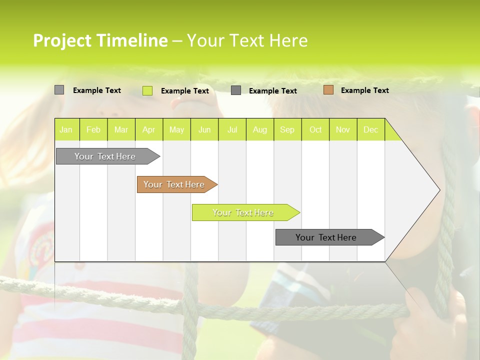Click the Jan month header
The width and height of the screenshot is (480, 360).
pyautogui.click(x=66, y=130)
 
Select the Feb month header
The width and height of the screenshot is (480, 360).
pyautogui.click(x=93, y=130)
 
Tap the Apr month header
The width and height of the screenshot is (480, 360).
pyautogui.click(x=148, y=130)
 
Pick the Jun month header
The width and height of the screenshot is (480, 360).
pyautogui.click(x=204, y=130)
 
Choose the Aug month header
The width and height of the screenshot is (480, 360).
pyautogui.click(x=259, y=130)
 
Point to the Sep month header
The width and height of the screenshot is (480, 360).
pyautogui.click(x=287, y=130)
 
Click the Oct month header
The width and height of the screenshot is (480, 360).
pyautogui.click(x=315, y=130)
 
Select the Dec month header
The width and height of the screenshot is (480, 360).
pyautogui.click(x=370, y=130)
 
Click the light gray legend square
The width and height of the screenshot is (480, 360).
pyautogui.click(x=59, y=90)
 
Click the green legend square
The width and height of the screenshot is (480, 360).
pyautogui.click(x=147, y=90)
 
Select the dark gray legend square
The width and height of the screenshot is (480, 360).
pyautogui.click(x=236, y=90)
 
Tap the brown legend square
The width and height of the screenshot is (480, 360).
pyautogui.click(x=328, y=90)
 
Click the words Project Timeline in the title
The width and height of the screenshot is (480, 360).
pyautogui.click(x=100, y=40)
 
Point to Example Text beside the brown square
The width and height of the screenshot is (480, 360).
pyautogui.click(x=364, y=90)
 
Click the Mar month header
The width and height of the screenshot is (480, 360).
pyautogui.click(x=121, y=130)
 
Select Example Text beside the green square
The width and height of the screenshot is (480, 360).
pyautogui.click(x=184, y=91)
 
